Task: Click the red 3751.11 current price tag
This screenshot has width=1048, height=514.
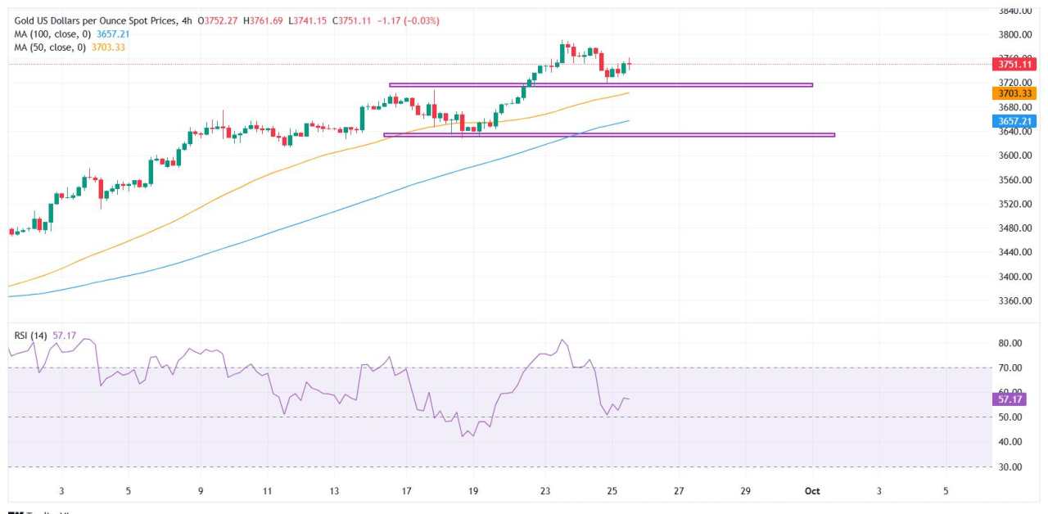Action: tap(1014, 64)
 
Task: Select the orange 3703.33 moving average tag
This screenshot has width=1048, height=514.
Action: tap(1014, 94)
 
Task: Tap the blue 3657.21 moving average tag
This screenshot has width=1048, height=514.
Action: tap(1014, 121)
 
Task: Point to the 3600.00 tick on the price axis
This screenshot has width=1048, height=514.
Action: tap(1014, 156)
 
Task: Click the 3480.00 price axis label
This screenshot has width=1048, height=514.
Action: tap(1014, 228)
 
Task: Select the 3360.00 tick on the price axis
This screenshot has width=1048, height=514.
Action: tap(1014, 301)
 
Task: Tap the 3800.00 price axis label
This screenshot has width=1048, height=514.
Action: tap(1014, 34)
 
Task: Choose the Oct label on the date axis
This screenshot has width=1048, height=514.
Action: tap(812, 490)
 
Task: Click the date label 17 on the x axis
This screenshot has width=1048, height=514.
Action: tap(407, 490)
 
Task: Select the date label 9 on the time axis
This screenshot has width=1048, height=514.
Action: tap(200, 490)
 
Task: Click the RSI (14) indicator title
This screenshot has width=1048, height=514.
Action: tap(31, 336)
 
